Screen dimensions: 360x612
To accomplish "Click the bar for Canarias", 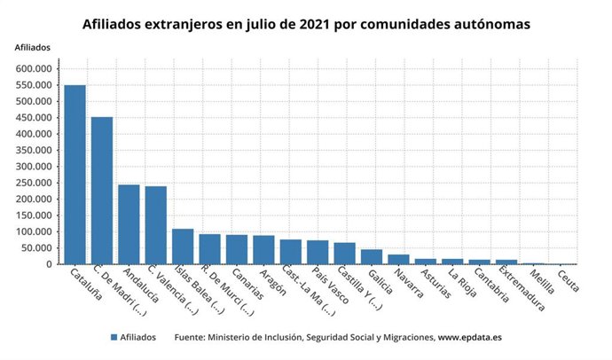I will click(237, 249).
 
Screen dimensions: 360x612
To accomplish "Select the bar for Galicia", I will click(372, 256).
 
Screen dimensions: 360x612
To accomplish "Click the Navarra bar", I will click(398, 259).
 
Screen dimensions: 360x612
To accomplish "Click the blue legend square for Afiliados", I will click(114, 337).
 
